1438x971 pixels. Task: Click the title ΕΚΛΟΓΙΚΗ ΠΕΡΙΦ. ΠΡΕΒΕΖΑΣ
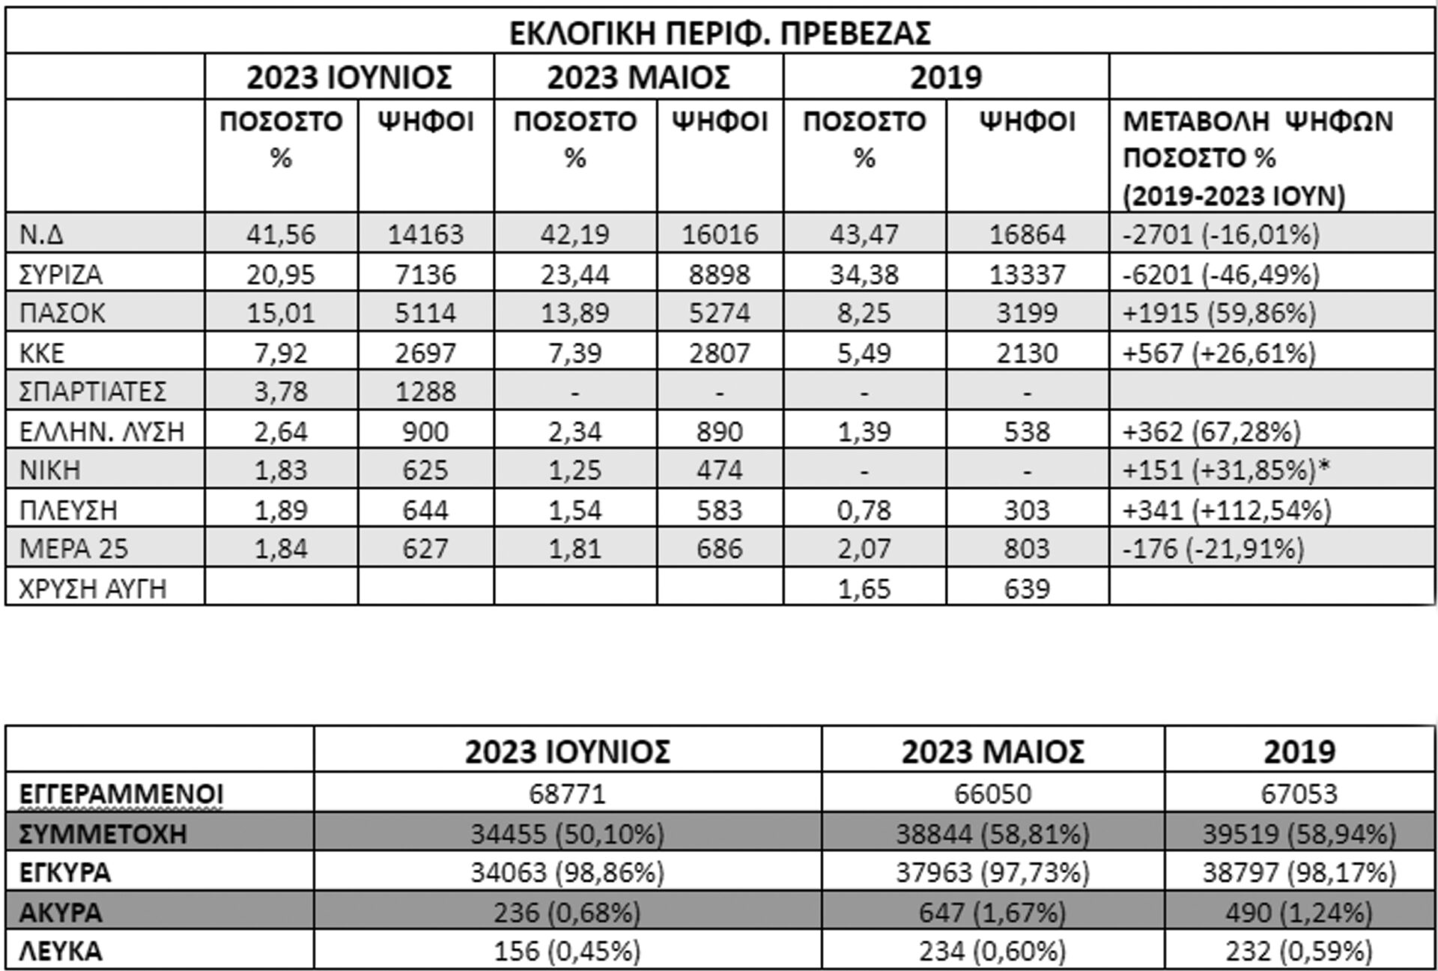[x=720, y=33]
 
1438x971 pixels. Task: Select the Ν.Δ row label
[x=42, y=234]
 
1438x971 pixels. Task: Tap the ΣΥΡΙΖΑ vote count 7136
[x=425, y=274]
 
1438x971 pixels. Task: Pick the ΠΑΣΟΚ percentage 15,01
[x=281, y=313]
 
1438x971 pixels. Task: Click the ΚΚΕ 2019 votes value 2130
[x=1027, y=353]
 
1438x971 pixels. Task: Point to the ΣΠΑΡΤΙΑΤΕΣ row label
[x=94, y=392]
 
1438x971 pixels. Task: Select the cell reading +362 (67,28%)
[x=1212, y=432]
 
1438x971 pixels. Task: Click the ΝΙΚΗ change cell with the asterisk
[x=1226, y=470]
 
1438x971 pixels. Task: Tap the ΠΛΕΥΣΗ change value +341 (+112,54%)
[x=1227, y=511]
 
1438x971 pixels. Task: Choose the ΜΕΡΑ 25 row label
[x=74, y=549]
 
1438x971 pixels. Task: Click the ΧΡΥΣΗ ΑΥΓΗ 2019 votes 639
[x=1027, y=588]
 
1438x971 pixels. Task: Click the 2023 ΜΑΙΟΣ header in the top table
[x=638, y=78]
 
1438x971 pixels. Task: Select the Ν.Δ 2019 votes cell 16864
[x=1027, y=234]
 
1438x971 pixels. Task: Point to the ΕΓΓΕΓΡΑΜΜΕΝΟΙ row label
[x=121, y=794]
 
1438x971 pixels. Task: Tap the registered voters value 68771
[x=567, y=794]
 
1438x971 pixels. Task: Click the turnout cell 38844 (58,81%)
[x=992, y=833]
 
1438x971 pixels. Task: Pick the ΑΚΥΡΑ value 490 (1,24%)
[x=1299, y=913]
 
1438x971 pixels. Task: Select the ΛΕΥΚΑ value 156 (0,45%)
[x=567, y=951]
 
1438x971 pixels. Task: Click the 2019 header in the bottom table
[x=1299, y=752]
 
